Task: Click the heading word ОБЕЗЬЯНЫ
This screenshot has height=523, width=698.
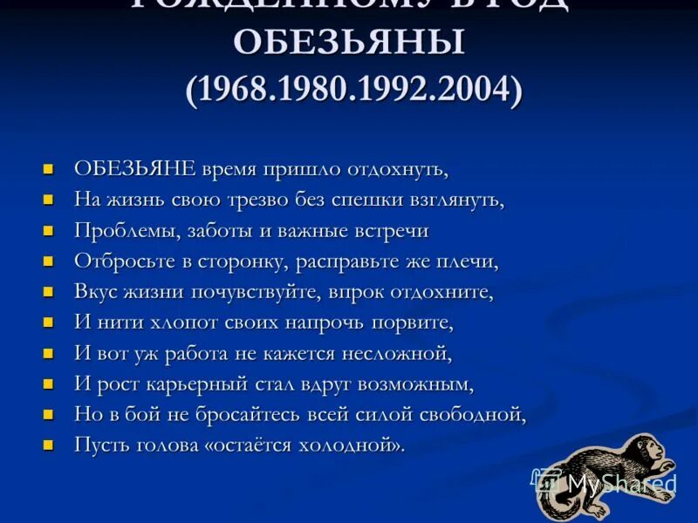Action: (x=352, y=44)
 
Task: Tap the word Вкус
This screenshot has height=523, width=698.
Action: (x=92, y=292)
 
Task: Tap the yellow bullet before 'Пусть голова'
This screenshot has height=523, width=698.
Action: (x=50, y=445)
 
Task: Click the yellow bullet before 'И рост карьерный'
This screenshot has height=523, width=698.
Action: (x=50, y=384)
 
